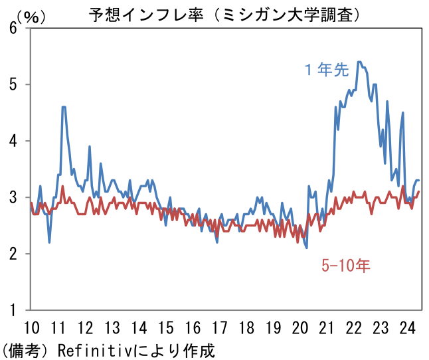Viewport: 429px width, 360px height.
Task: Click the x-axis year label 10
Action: click(31, 327)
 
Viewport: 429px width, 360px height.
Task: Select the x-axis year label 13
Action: click(112, 327)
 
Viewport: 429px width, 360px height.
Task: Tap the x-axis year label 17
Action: click(219, 327)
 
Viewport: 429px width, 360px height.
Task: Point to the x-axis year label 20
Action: click(300, 327)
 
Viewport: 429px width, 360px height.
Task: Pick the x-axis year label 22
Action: click(353, 327)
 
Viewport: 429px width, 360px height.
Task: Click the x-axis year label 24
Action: click(406, 327)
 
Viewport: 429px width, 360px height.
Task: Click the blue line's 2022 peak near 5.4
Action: click(359, 62)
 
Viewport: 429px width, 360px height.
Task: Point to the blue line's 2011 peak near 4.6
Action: click(63, 107)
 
